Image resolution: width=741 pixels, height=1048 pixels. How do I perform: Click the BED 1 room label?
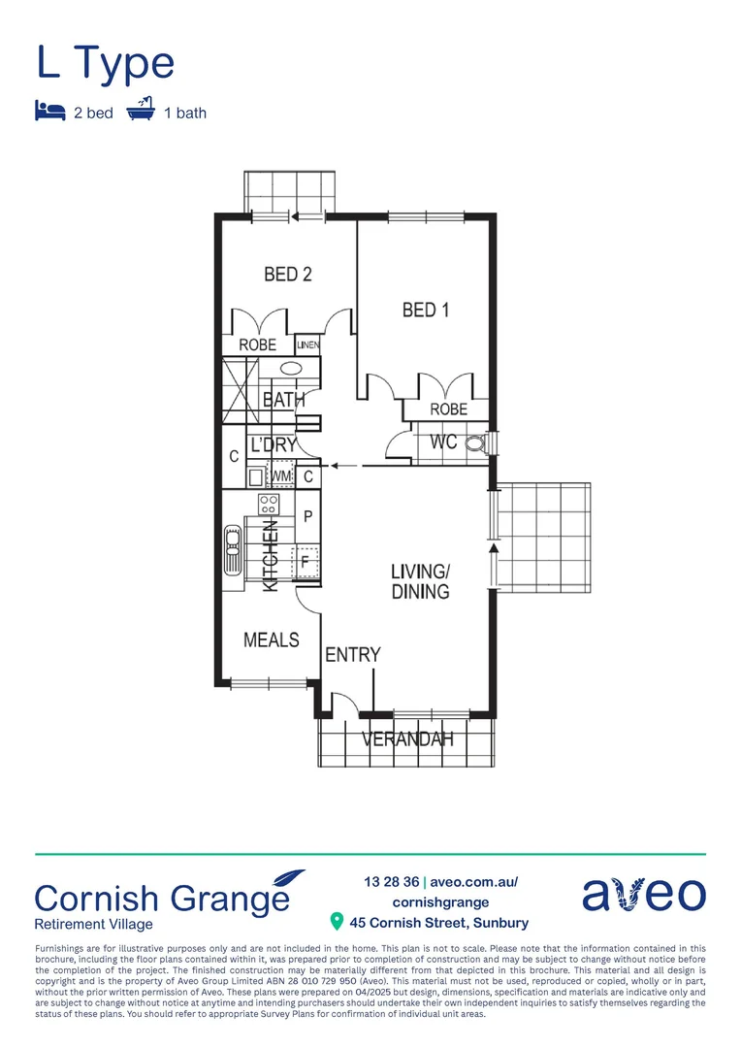click(425, 311)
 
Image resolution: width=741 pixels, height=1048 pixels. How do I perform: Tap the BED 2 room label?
click(288, 275)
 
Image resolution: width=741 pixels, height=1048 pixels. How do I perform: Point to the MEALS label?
click(272, 639)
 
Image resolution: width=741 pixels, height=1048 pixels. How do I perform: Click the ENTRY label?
click(353, 655)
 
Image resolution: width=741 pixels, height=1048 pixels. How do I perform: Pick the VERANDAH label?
click(407, 739)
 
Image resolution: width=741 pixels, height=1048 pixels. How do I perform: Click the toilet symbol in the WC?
click(475, 444)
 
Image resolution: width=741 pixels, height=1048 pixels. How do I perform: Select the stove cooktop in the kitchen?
click(269, 505)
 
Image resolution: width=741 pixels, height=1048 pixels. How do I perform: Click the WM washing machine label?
click(281, 476)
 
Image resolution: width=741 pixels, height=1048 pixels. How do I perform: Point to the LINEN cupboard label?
click(308, 344)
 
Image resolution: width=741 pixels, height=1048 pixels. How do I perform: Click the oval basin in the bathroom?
click(292, 369)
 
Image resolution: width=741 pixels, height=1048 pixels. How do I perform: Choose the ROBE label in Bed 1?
click(448, 409)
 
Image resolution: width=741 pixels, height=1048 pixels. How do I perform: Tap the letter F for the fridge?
click(306, 562)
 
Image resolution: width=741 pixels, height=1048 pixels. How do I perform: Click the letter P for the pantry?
click(307, 516)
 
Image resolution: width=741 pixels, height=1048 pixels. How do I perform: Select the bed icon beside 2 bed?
click(48, 113)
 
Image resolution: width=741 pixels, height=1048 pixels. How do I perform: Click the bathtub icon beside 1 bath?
click(142, 112)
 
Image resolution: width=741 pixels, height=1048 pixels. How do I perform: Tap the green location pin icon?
click(338, 921)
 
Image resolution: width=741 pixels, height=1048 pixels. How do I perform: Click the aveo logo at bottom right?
click(643, 894)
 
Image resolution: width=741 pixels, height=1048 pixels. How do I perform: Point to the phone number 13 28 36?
click(392, 882)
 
